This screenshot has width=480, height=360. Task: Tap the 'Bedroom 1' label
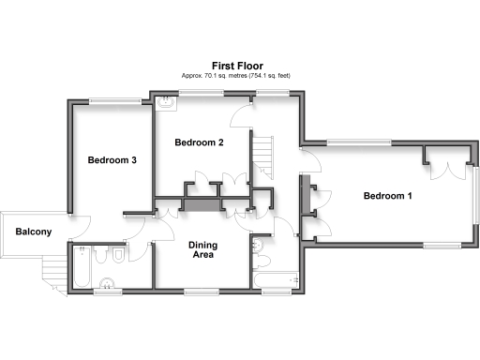[x=387, y=196]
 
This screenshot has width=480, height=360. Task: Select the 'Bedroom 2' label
[x=200, y=143]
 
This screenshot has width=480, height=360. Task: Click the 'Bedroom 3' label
[x=112, y=160]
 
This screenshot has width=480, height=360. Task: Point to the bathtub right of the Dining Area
[x=274, y=279]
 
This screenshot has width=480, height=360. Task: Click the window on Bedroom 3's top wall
[x=114, y=100]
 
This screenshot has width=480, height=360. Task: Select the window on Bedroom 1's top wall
[x=359, y=142]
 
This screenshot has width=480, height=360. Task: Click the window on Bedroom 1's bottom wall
[x=443, y=244]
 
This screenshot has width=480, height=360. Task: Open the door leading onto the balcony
[x=70, y=225]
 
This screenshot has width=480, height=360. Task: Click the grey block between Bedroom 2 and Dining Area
[x=201, y=203]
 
